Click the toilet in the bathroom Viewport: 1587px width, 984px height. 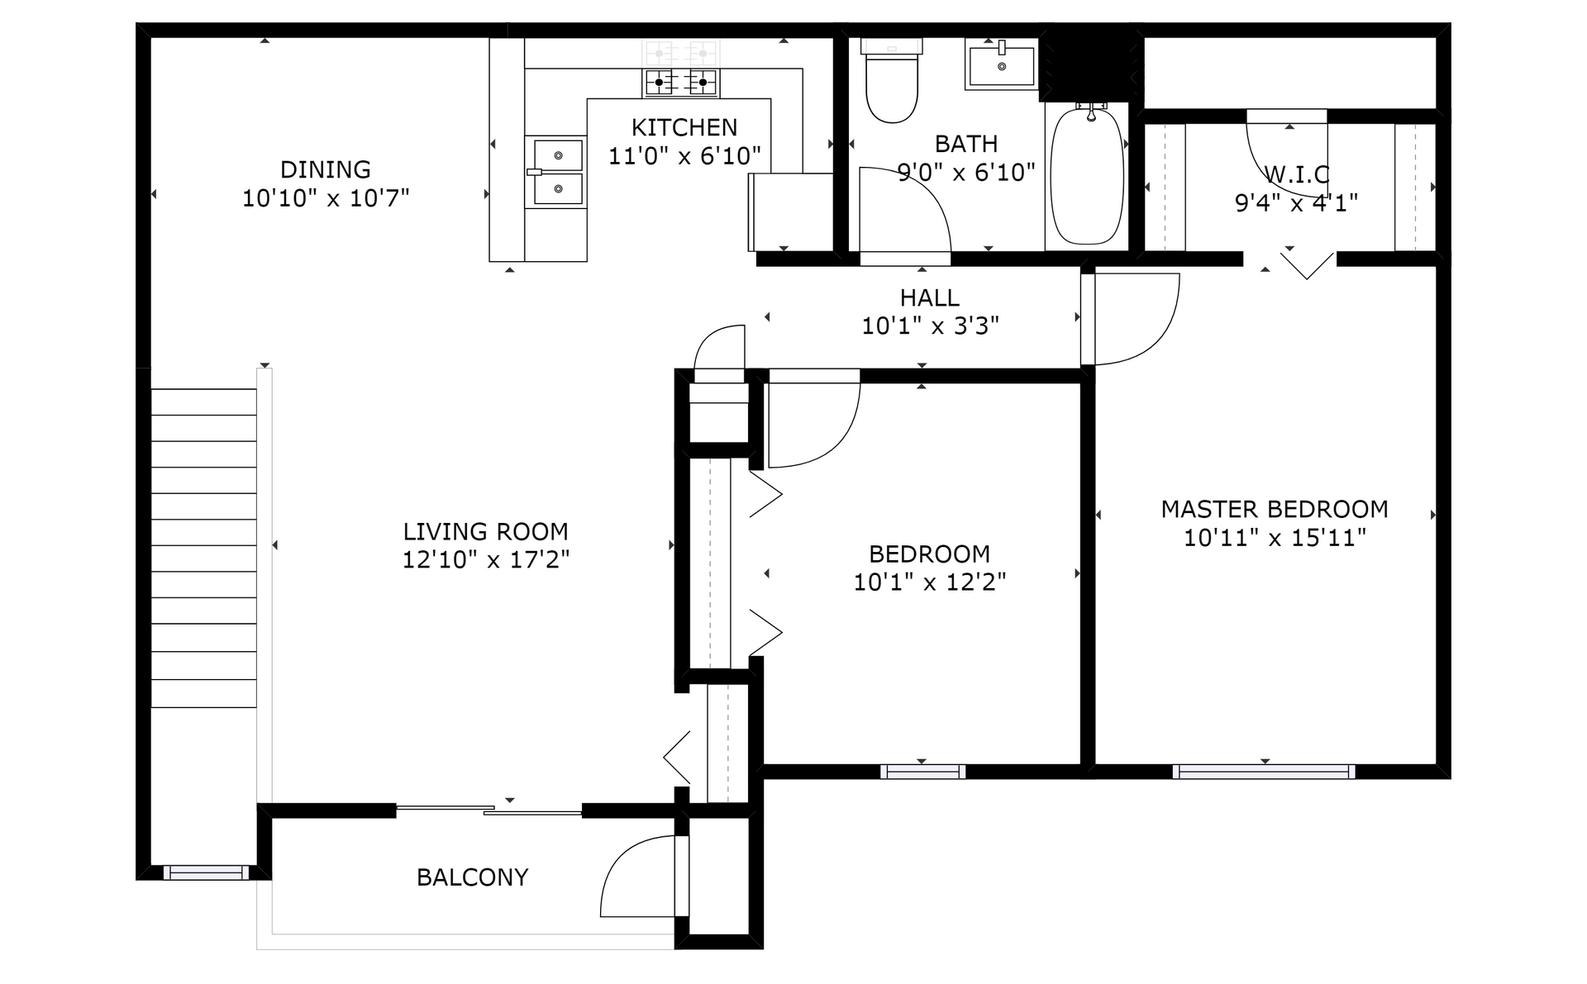pyautogui.click(x=892, y=81)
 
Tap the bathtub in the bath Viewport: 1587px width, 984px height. pyautogui.click(x=1087, y=175)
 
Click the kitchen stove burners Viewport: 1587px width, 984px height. pyautogui.click(x=681, y=82)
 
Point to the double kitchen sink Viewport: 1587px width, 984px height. pyautogui.click(x=556, y=172)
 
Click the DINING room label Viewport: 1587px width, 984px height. pyautogui.click(x=326, y=169)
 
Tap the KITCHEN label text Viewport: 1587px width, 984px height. pyautogui.click(x=684, y=127)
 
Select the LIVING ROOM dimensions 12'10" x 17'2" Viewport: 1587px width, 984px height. pyautogui.click(x=486, y=560)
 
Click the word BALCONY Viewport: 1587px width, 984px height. pyautogui.click(x=472, y=877)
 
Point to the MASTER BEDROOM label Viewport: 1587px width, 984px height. pyautogui.click(x=1275, y=509)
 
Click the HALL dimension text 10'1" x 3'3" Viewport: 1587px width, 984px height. pyautogui.click(x=931, y=326)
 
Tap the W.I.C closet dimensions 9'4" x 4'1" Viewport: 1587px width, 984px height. pyautogui.click(x=1296, y=203)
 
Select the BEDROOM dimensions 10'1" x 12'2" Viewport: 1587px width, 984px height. pyautogui.click(x=930, y=582)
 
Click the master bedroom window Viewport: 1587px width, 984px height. pyautogui.click(x=1264, y=772)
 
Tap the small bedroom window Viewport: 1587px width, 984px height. pyautogui.click(x=922, y=772)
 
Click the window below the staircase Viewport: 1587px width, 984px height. pyautogui.click(x=206, y=872)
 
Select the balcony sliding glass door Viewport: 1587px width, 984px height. pyautogui.click(x=489, y=810)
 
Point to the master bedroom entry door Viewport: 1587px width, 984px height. pyautogui.click(x=1130, y=319)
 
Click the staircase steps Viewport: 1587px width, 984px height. pyautogui.click(x=203, y=548)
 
